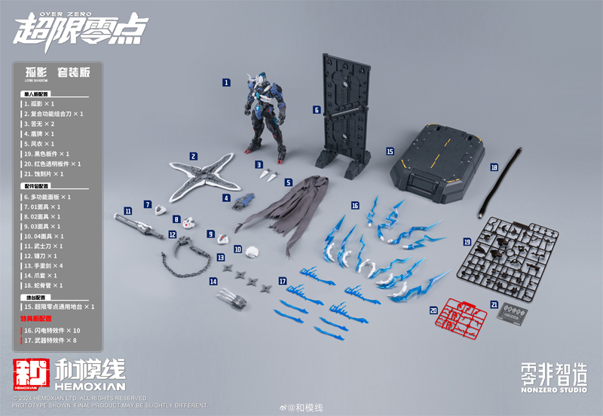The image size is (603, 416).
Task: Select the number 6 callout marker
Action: click(x=317, y=109)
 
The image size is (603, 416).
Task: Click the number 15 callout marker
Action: click(x=390, y=151)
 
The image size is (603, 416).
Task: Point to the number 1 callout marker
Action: click(x=226, y=81)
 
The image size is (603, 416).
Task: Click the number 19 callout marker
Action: click(x=467, y=241)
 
